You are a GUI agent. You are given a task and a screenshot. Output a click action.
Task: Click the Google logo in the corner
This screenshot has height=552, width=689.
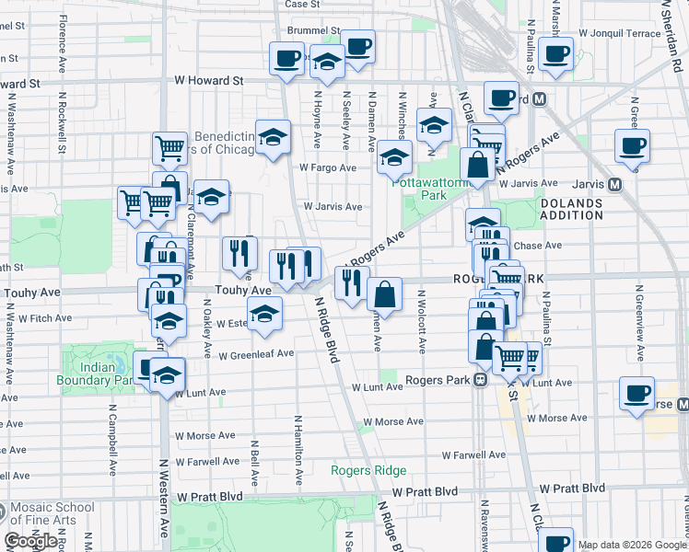coord(32,541)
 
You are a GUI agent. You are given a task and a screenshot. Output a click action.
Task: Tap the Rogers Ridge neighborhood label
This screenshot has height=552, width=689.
coord(368,471)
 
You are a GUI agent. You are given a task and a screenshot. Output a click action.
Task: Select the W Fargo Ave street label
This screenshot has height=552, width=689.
coord(327,167)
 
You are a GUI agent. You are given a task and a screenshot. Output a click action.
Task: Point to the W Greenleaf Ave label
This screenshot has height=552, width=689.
coord(256,352)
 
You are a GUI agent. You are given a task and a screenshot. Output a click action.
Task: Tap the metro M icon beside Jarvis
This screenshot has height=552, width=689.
coord(614,184)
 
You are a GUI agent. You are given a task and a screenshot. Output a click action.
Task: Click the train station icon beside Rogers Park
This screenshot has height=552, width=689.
coord(480,379)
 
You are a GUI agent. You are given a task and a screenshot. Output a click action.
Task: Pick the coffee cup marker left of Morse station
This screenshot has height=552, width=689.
coord(636,394)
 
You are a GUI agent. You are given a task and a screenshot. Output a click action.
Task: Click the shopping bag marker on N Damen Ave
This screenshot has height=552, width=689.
coord(384,295)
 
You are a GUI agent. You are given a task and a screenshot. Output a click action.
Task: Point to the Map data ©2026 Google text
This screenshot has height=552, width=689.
coord(633,545)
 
